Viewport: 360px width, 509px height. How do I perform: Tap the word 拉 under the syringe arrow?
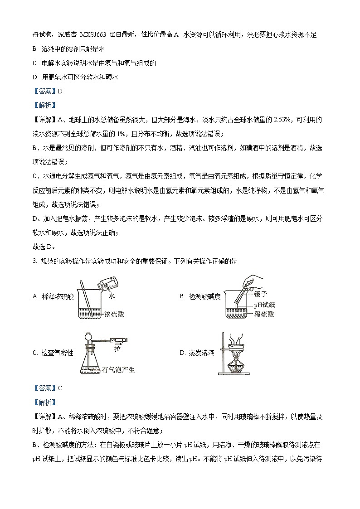117,349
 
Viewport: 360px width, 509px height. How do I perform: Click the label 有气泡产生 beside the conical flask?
119,369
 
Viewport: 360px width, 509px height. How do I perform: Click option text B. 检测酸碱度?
200,296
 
